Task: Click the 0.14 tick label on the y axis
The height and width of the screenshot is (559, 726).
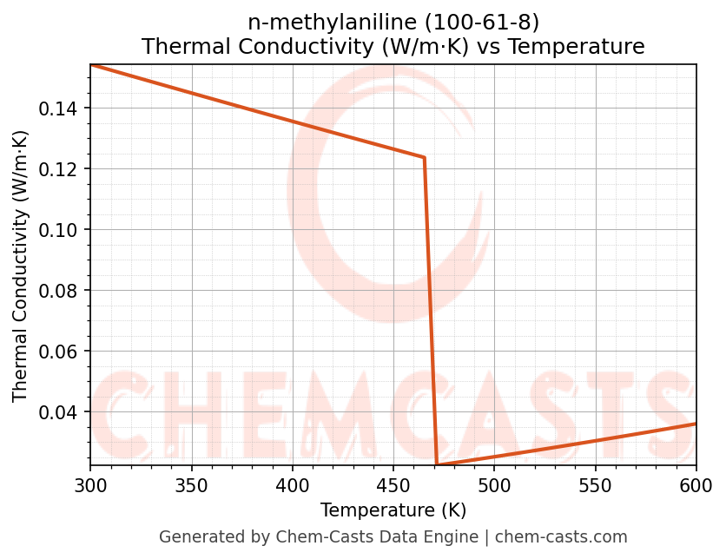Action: point(62,109)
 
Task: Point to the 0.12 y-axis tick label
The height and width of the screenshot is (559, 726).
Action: point(62,168)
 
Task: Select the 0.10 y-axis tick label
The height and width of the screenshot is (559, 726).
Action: point(62,229)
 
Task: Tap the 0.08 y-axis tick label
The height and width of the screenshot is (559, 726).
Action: point(62,290)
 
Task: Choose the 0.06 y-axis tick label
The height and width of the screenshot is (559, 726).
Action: point(62,351)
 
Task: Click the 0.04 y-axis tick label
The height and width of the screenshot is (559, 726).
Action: point(62,411)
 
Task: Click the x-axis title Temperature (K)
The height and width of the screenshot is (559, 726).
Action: point(393,510)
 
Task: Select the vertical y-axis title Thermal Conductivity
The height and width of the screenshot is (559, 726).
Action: point(21,266)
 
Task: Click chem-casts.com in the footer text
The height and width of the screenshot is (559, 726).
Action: point(561,537)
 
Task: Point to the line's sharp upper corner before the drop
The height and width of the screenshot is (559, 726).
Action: point(424,157)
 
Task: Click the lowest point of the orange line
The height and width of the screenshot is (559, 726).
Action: point(437,465)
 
